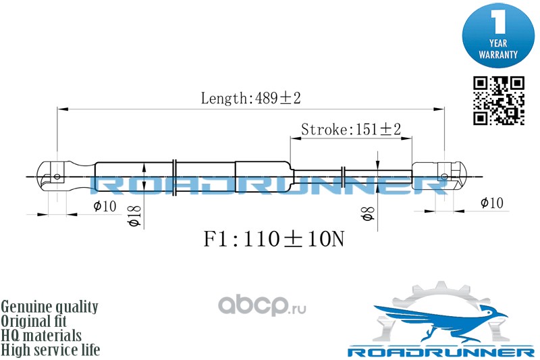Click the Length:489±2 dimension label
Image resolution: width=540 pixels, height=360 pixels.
(250, 99)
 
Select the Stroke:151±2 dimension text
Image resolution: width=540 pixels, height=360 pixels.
(351, 128)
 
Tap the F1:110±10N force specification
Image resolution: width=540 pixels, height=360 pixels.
(273, 239)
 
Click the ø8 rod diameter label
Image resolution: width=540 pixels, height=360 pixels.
(368, 215)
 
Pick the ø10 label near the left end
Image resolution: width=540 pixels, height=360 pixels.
(105, 205)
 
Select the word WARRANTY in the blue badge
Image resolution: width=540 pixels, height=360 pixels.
(498, 53)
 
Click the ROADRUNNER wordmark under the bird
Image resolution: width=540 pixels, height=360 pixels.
(440, 353)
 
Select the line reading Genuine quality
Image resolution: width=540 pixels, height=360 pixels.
(50, 307)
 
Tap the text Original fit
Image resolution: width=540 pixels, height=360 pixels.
(40, 321)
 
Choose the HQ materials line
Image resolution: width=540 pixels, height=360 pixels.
(42, 335)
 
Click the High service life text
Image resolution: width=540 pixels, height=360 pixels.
(51, 350)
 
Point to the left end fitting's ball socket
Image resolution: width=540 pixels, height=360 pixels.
(57, 177)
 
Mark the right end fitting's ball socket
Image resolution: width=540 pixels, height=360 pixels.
(444, 177)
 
